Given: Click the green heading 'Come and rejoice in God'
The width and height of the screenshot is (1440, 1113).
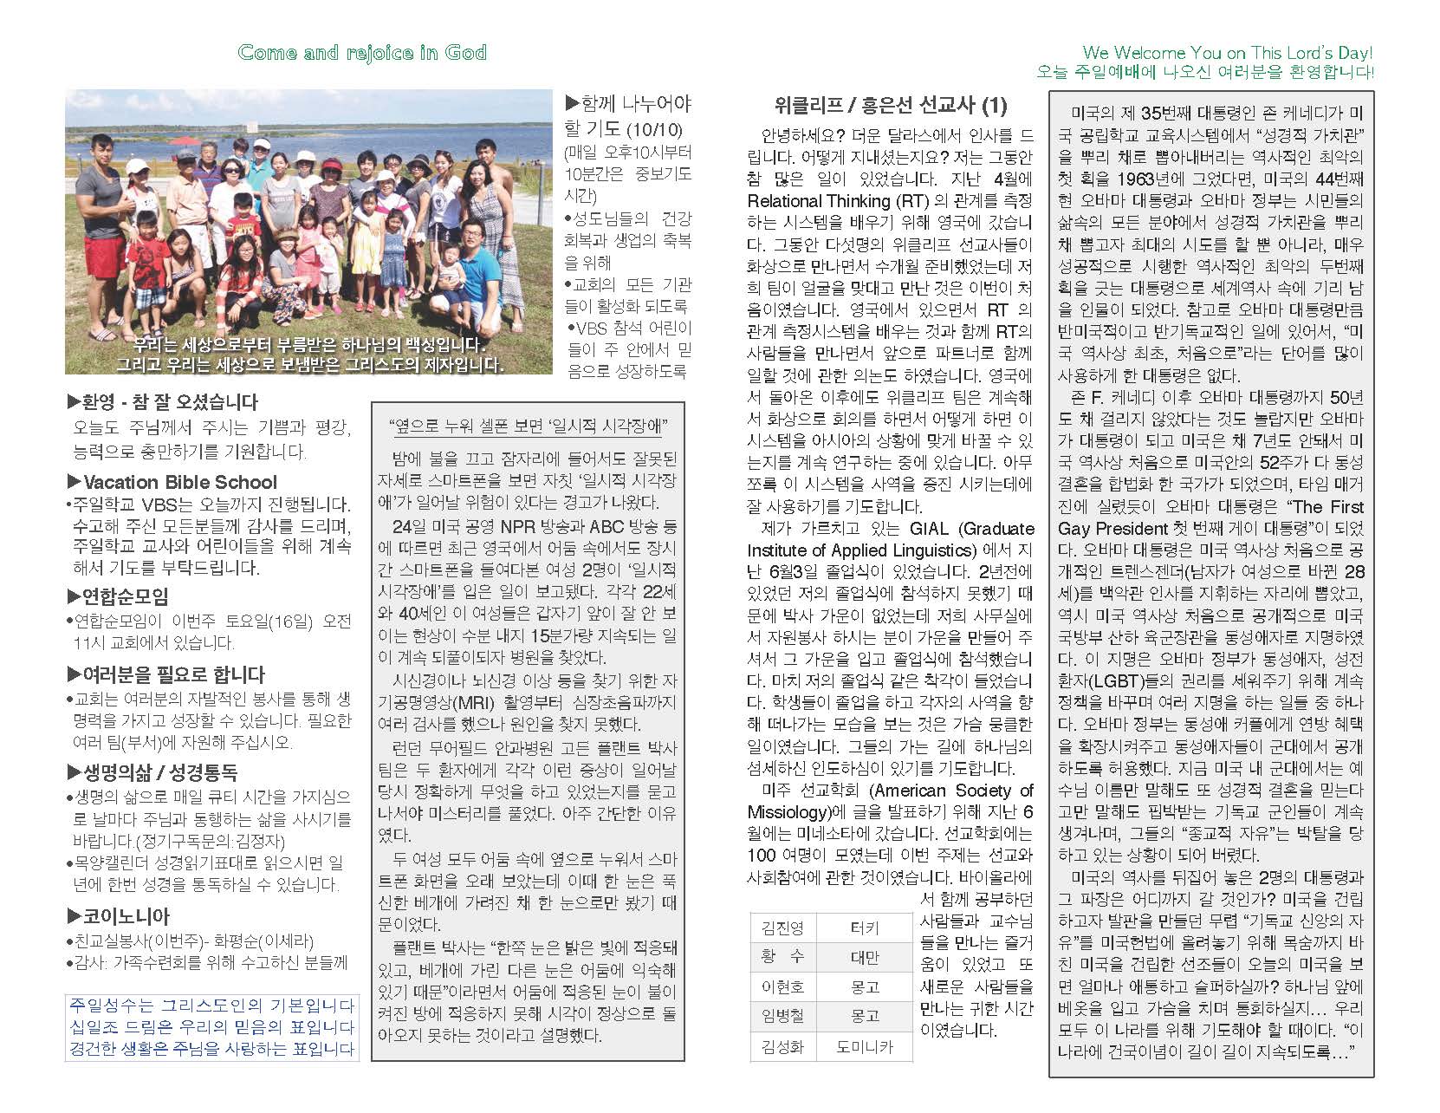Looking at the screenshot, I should point(362,52).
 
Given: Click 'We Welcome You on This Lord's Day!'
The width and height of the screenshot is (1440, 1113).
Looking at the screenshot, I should point(1228,53).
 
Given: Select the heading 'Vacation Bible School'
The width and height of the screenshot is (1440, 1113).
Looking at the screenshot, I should point(179,482).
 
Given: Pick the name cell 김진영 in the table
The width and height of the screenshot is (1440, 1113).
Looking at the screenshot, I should point(782,928).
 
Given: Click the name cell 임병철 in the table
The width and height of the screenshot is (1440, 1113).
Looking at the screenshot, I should point(782,1016).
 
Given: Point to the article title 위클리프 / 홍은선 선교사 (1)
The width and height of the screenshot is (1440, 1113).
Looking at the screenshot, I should point(890,106).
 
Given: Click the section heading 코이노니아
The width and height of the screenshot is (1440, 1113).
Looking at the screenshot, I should point(125,916).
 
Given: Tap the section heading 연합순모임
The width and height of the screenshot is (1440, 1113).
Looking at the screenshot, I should point(124,596).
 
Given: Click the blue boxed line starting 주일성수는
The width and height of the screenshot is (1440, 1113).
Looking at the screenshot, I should point(211,1006).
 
